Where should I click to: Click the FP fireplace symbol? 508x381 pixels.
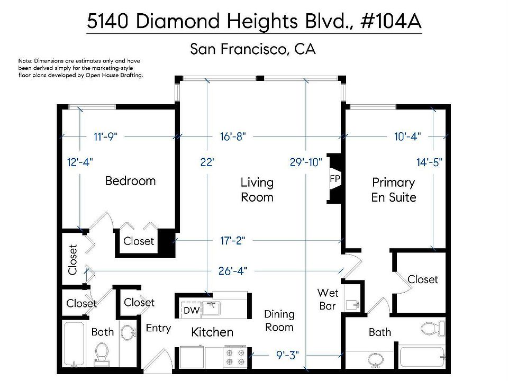coord(335,178)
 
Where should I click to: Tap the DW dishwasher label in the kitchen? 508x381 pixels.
coord(191,311)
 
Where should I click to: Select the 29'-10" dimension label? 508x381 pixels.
coord(306,162)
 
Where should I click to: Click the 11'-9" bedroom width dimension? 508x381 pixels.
coord(105,137)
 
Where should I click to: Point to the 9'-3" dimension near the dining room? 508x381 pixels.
coord(287,355)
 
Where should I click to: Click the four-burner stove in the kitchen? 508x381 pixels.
coord(235,357)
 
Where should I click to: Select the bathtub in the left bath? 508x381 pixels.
coord(74,344)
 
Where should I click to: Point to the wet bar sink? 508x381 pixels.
coord(353,305)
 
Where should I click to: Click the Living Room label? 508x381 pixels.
coord(257,190)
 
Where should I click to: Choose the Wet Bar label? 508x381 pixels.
coord(328,300)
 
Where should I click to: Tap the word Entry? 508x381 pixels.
coord(158,328)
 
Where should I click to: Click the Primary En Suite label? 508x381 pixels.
coord(394,190)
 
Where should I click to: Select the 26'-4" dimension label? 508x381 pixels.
coord(233,270)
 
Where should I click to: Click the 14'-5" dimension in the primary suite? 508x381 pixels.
coord(429,162)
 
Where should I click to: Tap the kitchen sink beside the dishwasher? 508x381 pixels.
coord(211,308)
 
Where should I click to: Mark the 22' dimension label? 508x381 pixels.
coord(207,162)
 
